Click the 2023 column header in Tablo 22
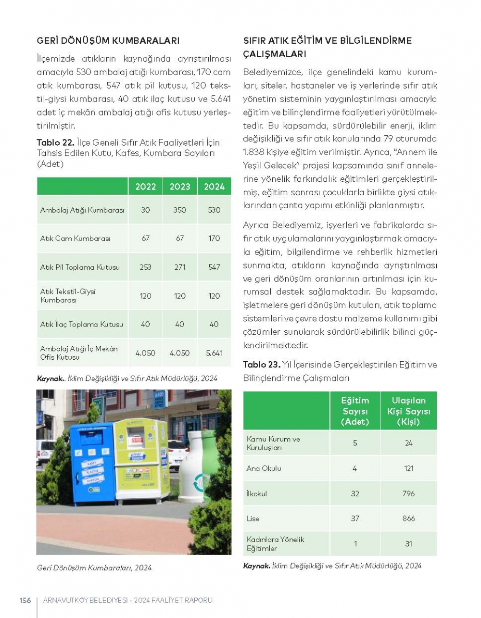pyautogui.click(x=179, y=187)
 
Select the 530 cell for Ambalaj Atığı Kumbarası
pyautogui.click(x=214, y=210)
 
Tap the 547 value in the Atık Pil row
pyautogui.click(x=214, y=267)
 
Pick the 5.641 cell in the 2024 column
pyautogui.click(x=214, y=353)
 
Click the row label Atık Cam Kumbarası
pyautogui.click(x=75, y=239)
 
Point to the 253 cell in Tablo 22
pyautogui.click(x=145, y=267)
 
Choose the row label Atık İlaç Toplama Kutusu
pyautogui.click(x=82, y=325)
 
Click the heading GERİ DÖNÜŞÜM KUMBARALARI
pyautogui.click(x=108, y=41)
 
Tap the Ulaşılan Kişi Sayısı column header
pyautogui.click(x=408, y=411)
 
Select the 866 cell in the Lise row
pyautogui.click(x=408, y=518)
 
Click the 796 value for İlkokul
pyautogui.click(x=408, y=493)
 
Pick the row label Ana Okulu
pyautogui.click(x=264, y=468)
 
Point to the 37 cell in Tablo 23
pyautogui.click(x=355, y=518)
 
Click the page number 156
pyautogui.click(x=25, y=600)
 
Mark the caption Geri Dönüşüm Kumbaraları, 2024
pyautogui.click(x=94, y=568)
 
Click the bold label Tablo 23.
pyautogui.click(x=255, y=365)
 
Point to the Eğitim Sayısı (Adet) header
pyautogui.click(x=355, y=411)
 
